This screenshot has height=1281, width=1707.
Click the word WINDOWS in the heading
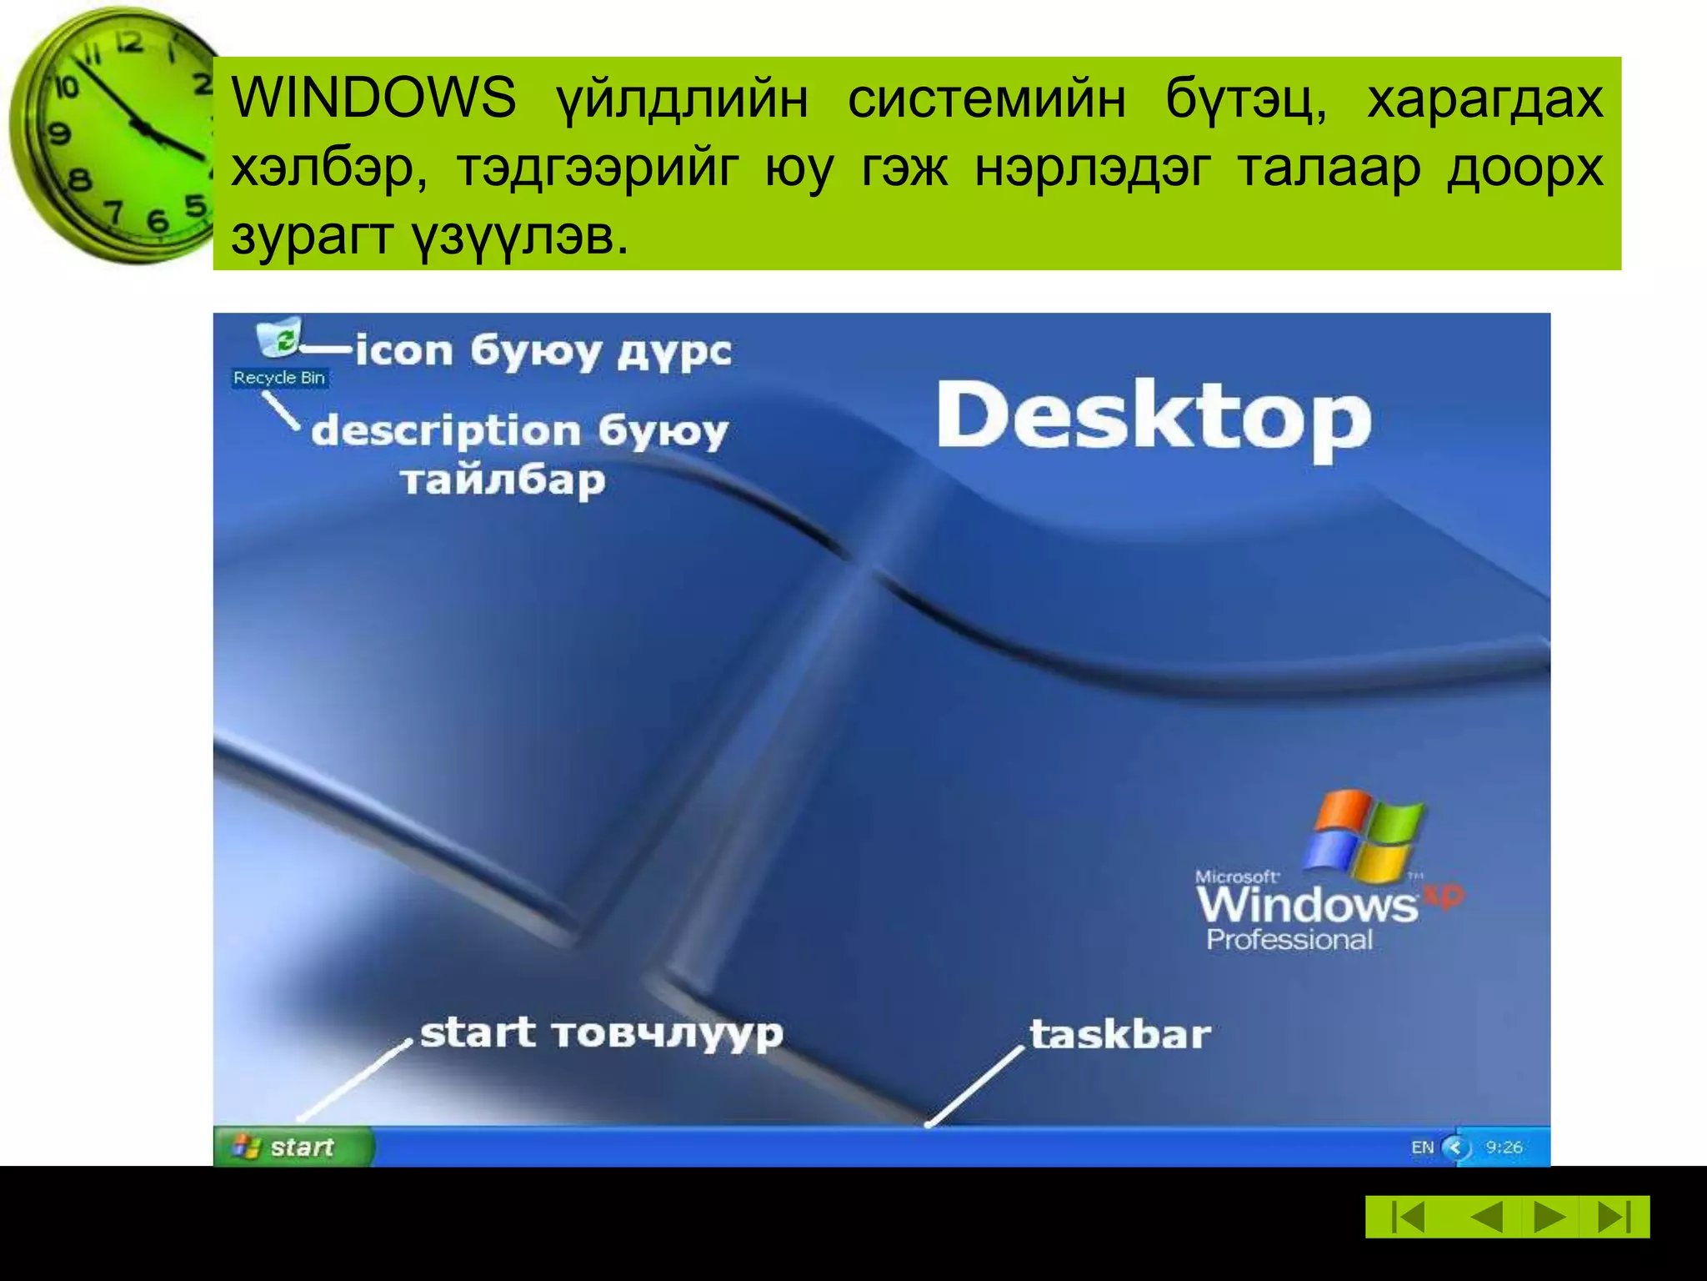(x=373, y=98)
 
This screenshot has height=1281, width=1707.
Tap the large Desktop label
(x=1154, y=417)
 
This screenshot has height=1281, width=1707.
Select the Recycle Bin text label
(x=279, y=378)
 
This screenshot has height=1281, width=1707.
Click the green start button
(x=292, y=1148)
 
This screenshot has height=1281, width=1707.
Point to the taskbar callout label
(x=1119, y=1034)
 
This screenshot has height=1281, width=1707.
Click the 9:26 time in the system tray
(x=1504, y=1148)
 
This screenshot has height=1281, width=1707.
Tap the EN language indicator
(x=1422, y=1148)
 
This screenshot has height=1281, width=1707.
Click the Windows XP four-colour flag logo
(x=1364, y=836)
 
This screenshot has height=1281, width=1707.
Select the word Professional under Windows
(x=1289, y=940)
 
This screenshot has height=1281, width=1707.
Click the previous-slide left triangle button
(x=1487, y=1217)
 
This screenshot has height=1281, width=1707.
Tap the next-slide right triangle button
(x=1549, y=1217)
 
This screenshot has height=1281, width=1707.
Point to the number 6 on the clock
(x=157, y=221)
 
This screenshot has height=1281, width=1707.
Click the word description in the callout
(x=446, y=432)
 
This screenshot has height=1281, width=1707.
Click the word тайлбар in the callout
(x=503, y=481)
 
